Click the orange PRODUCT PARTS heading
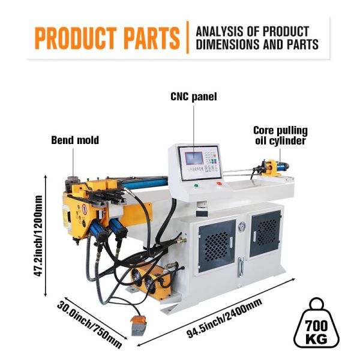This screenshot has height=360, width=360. [107, 38]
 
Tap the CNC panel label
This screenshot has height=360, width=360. [194, 97]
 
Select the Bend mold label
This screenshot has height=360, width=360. [75, 140]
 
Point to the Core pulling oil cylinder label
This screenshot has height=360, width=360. [280, 136]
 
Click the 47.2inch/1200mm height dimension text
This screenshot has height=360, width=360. [38, 236]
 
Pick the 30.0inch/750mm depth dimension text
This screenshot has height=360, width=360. [89, 325]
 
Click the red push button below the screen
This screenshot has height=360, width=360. [219, 183]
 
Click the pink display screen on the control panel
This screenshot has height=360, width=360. [194, 158]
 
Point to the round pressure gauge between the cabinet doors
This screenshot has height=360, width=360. [242, 227]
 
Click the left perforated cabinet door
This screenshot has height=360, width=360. [217, 245]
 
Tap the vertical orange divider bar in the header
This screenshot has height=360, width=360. [188, 37]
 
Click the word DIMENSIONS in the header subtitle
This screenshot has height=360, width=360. [228, 44]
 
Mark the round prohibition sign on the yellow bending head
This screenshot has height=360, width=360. [85, 209]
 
